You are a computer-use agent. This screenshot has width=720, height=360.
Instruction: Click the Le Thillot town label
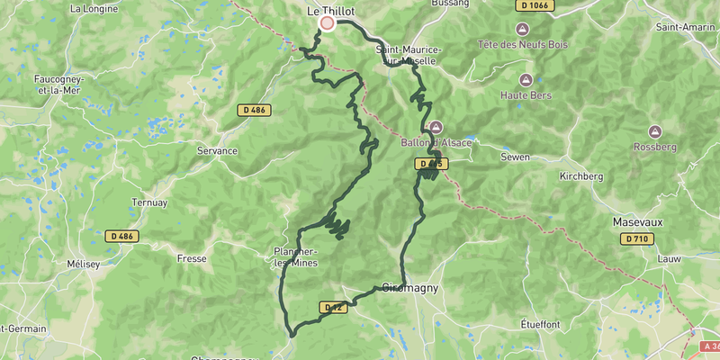(331, 11)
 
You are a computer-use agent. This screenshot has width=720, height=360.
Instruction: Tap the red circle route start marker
(328, 23)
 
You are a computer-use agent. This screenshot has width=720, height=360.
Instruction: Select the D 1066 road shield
(535, 5)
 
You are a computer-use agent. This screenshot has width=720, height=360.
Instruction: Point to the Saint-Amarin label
(686, 26)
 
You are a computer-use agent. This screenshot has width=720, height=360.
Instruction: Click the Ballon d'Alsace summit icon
(436, 127)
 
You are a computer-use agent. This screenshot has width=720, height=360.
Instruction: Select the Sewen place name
(516, 156)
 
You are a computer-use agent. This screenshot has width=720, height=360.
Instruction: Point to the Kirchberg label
(580, 176)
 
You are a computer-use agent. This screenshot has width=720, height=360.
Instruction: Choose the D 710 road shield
(637, 238)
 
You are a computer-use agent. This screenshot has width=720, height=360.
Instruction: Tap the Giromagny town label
(409, 289)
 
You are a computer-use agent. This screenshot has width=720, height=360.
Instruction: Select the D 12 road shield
(333, 307)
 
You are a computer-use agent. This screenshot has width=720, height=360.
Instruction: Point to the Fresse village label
(192, 258)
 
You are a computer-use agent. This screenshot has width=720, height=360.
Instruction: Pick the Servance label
(217, 151)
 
